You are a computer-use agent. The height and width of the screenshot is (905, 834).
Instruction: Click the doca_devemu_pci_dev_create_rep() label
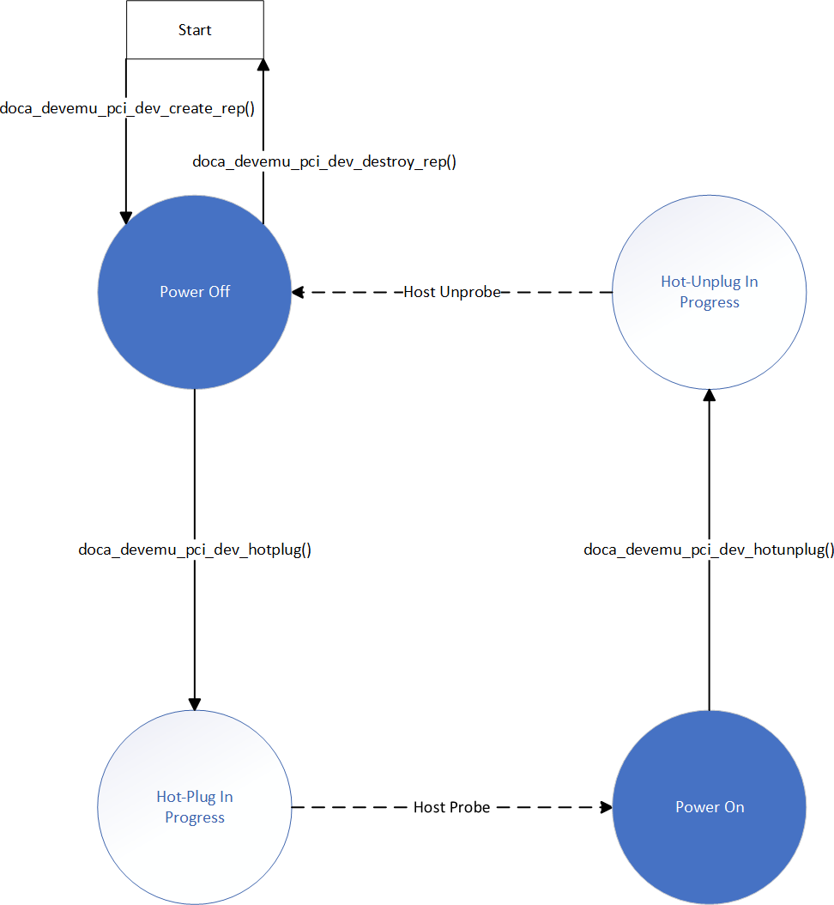[127, 108]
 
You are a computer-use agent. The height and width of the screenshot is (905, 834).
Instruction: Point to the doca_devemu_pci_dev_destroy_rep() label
[323, 161]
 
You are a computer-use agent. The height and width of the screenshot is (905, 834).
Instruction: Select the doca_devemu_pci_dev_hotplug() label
[195, 550]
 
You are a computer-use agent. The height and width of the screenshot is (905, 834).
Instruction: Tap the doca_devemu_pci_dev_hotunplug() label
[709, 550]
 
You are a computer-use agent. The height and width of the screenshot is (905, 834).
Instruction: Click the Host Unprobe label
[452, 292]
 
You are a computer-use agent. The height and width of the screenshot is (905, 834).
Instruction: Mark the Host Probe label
[452, 807]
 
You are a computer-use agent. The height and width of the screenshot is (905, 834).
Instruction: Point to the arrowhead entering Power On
[607, 807]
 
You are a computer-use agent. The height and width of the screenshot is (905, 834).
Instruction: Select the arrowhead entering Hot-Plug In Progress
[195, 704]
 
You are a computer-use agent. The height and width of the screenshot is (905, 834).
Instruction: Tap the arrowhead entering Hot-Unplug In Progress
[710, 395]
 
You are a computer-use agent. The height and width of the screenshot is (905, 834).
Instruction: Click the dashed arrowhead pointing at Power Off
[298, 292]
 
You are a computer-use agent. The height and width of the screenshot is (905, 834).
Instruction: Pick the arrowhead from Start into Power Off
[126, 218]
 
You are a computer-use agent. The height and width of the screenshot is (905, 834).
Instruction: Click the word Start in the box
[195, 30]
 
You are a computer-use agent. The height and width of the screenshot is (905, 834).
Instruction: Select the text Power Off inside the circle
[195, 292]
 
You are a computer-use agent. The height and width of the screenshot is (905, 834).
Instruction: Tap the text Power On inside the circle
[710, 807]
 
